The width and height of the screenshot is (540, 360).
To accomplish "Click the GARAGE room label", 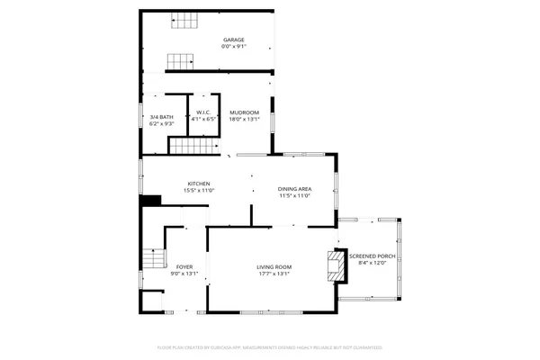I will coord(234,40).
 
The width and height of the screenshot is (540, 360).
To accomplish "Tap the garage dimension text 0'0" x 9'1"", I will coord(234,48).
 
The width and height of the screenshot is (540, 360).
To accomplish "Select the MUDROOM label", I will coord(244,112).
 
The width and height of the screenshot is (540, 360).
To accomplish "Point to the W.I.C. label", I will coord(204,112).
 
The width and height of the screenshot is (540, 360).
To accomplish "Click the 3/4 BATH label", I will coord(161,116).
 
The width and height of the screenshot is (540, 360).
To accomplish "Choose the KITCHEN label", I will coord(199,184).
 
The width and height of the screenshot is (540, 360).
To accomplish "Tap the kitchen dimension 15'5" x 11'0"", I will coord(199,192).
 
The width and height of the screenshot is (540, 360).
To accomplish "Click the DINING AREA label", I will coord(294,189).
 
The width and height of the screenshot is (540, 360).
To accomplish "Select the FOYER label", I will coord(184,267).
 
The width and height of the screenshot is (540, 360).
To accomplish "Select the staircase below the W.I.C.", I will coord(195,147).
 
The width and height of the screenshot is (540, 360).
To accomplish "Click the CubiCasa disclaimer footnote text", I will coord(270,346).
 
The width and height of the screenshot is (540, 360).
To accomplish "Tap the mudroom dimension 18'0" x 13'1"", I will coord(244,120).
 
